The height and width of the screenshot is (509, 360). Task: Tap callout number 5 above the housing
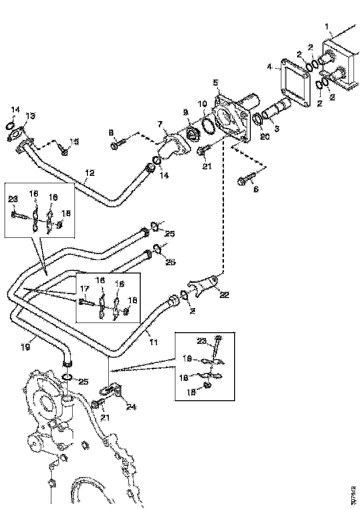216,83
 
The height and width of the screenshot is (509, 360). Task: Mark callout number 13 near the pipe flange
30,116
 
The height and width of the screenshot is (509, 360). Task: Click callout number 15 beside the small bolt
74,141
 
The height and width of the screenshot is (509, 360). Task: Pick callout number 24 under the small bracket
131,408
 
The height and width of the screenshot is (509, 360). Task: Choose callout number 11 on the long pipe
153,343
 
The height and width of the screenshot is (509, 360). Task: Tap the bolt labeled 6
245,180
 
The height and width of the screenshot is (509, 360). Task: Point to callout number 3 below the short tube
277,129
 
